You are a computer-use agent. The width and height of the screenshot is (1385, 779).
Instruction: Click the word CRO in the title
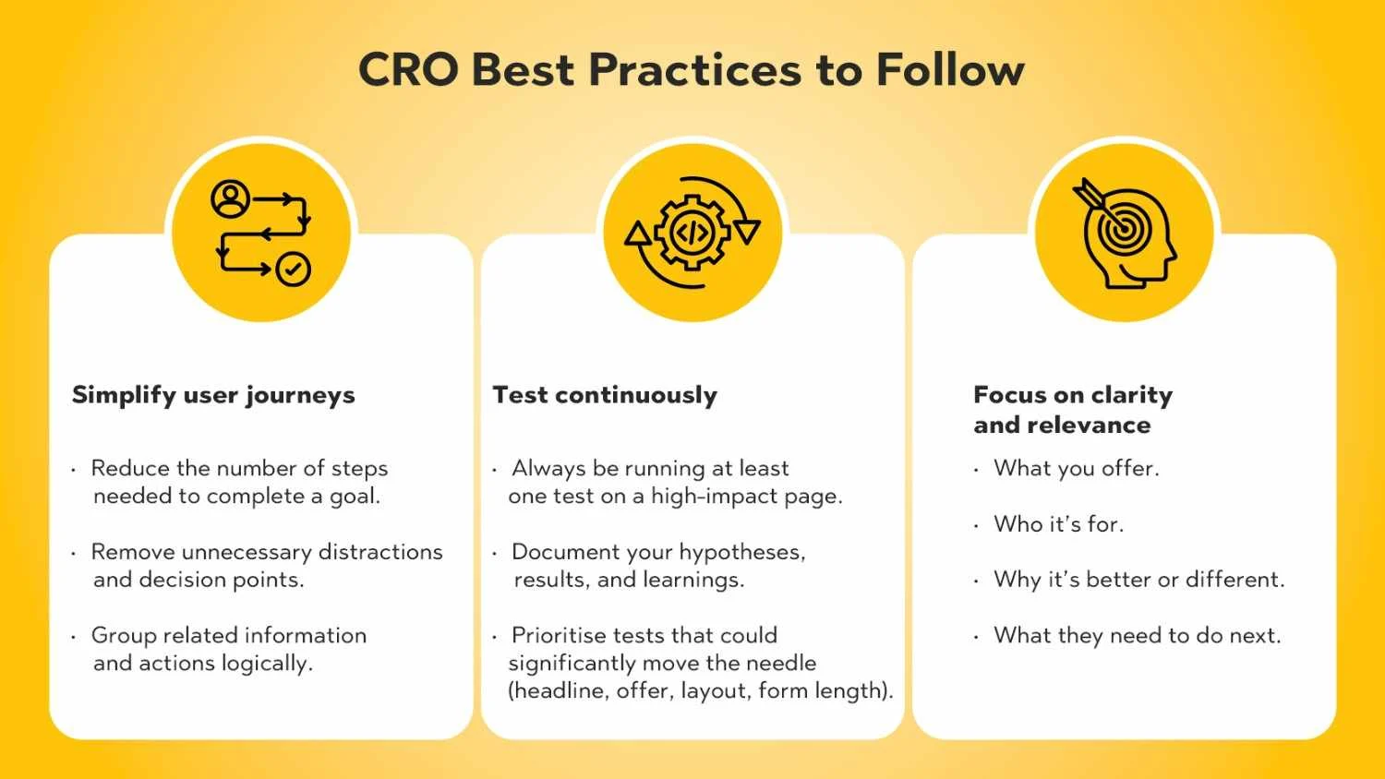click(x=408, y=69)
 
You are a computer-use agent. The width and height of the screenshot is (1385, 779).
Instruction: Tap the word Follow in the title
click(x=950, y=69)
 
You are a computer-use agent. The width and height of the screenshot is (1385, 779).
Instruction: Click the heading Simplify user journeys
click(x=213, y=395)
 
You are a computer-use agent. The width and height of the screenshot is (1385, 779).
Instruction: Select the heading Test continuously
click(x=605, y=395)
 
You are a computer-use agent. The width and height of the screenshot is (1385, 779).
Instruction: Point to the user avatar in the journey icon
click(x=230, y=198)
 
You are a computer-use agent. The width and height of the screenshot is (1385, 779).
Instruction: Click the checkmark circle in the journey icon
click(x=293, y=269)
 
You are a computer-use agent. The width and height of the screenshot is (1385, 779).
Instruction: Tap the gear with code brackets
click(x=692, y=233)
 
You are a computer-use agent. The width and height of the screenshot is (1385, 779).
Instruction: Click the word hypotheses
click(x=742, y=552)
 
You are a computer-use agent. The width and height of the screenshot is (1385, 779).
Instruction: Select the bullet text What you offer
click(x=1077, y=469)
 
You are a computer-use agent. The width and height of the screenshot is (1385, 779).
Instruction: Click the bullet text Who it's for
click(x=1058, y=524)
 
